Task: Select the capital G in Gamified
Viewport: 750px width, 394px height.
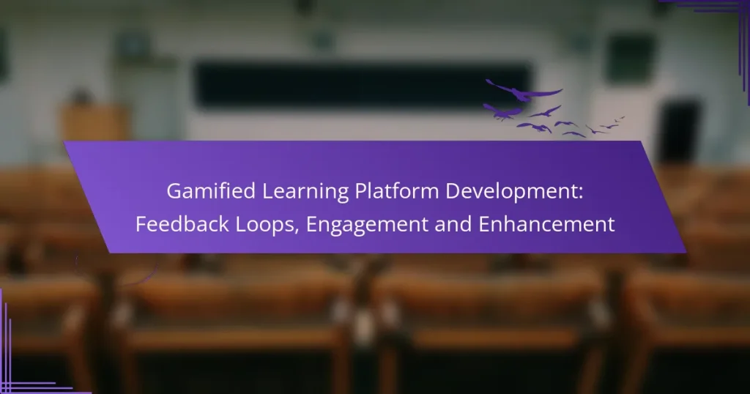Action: (174, 191)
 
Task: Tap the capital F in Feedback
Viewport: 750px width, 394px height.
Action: (141, 225)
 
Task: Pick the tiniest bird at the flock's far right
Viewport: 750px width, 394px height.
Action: (620, 118)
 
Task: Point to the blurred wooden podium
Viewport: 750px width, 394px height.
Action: (94, 122)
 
